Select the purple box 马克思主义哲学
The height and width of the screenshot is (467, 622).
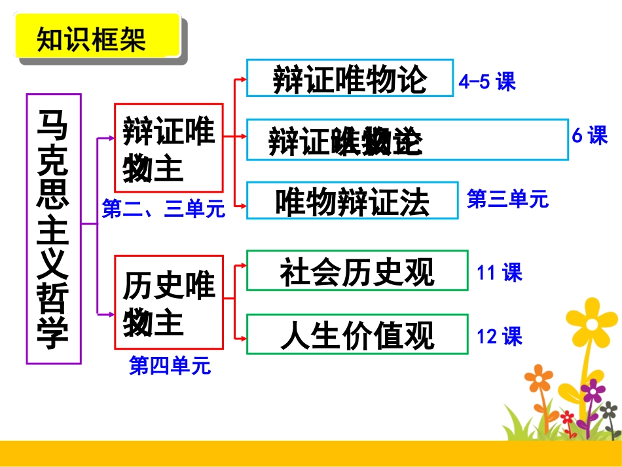coord(54,229)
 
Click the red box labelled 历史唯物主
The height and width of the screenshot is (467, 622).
coord(168,302)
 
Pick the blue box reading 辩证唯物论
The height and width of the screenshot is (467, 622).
coord(350,78)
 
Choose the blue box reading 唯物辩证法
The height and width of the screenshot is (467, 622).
coord(352,200)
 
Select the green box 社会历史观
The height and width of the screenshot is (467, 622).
coord(357,270)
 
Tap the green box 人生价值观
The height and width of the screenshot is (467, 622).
coord(357,334)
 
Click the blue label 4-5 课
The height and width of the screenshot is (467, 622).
coord(488,82)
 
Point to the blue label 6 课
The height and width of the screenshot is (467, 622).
coord(590,136)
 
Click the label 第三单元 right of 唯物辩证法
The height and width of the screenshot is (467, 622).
coord(507,198)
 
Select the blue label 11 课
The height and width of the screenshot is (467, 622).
coord(500,272)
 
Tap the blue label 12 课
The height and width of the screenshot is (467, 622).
coord(500,336)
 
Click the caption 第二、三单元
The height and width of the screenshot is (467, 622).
coord(164,209)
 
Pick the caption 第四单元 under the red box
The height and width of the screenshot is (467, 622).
coord(170,365)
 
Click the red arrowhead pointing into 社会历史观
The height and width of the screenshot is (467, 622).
coord(243,266)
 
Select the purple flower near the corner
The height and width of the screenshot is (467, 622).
coord(593,392)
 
